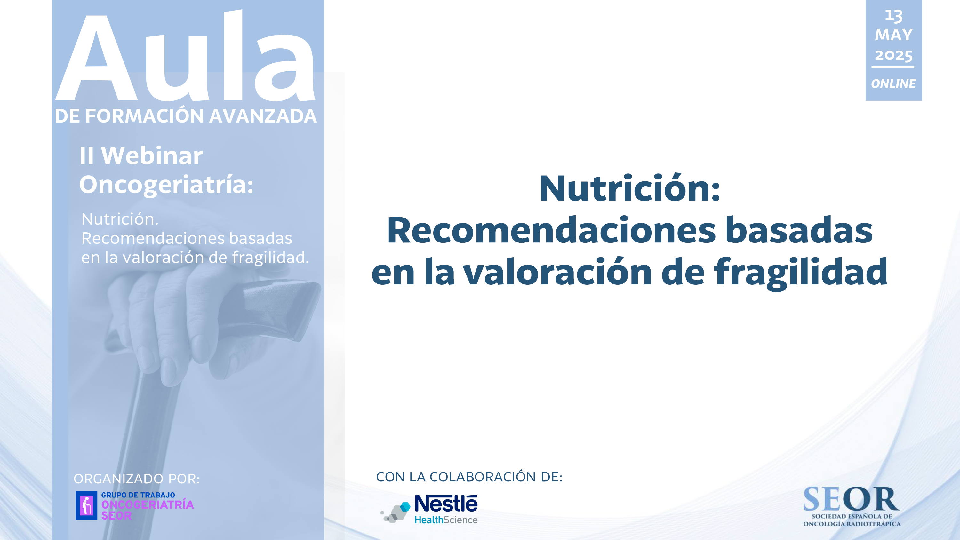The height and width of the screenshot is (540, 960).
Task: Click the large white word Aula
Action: [185, 56]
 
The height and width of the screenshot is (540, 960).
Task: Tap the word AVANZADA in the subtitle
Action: [263, 116]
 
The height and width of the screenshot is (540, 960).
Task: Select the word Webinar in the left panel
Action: [152, 155]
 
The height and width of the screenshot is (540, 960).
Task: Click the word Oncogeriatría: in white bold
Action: [166, 185]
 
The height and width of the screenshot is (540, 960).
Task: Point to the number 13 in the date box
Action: [894, 16]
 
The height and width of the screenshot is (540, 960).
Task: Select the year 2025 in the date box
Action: [894, 55]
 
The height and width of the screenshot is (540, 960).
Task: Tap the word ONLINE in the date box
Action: [893, 83]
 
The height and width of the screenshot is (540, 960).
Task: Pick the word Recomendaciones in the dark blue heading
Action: [551, 230]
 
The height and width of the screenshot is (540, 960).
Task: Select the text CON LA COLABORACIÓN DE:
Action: [469, 477]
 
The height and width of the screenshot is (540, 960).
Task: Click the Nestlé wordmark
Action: [446, 504]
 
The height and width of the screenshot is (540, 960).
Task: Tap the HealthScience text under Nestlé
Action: [446, 520]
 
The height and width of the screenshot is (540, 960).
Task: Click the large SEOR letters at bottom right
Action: [852, 499]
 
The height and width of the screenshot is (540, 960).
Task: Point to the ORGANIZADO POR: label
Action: [136, 479]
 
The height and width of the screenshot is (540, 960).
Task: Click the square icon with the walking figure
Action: [86, 506]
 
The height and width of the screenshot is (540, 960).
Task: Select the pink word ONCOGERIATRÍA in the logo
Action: [148, 505]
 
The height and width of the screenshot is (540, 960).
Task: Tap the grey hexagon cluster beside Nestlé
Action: [396, 512]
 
